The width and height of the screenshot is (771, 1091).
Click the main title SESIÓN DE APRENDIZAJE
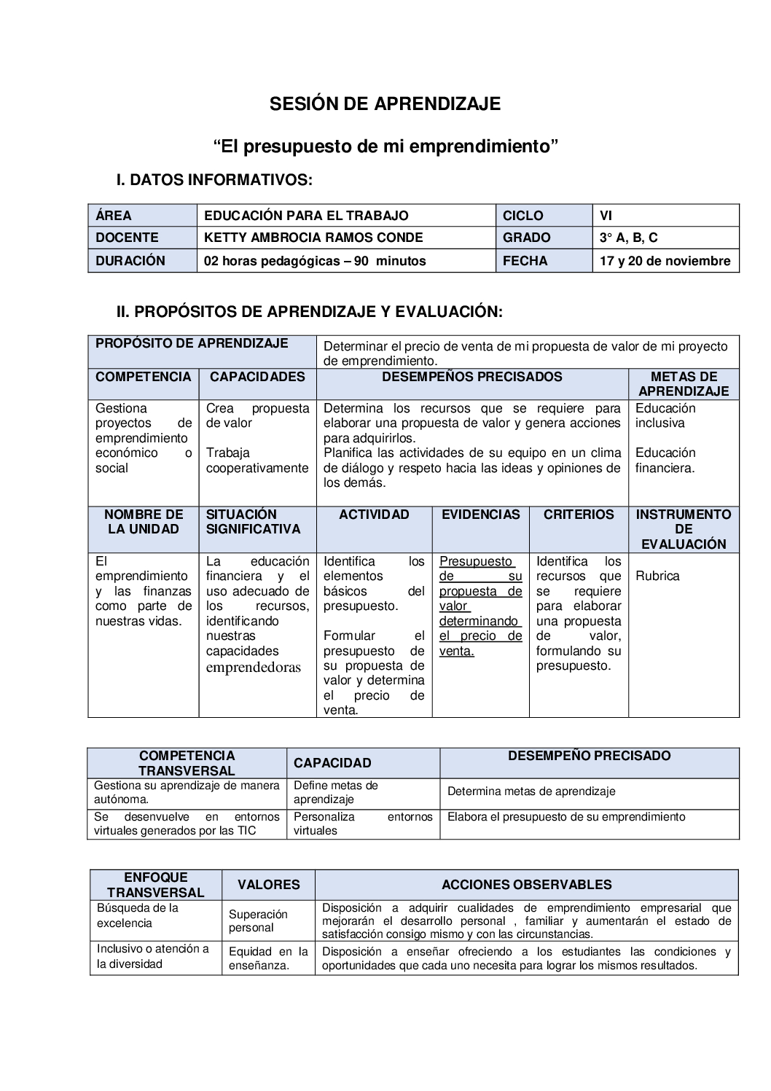385,103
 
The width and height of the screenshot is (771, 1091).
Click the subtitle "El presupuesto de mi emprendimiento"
385,146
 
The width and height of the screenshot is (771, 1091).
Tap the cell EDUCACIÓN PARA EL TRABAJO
306,216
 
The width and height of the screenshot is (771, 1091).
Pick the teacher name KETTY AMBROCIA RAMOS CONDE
313,238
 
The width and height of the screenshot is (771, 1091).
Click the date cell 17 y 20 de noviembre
665,261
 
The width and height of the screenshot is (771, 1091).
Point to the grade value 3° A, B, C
628,238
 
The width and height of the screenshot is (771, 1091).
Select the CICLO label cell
523,216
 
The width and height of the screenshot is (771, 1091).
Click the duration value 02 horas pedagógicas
315,261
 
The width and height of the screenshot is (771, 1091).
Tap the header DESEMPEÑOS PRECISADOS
472,377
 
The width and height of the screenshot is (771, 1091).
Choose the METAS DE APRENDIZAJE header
684,383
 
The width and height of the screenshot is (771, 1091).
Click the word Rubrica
657,576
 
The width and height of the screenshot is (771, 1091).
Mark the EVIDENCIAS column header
481,515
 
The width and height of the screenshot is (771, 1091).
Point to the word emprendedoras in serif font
253,667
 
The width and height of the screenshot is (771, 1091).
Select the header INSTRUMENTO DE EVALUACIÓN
684,529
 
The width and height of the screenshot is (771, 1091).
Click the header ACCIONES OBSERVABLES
526,885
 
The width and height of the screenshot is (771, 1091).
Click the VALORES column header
268,885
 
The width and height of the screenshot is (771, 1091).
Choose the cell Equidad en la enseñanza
268,958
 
